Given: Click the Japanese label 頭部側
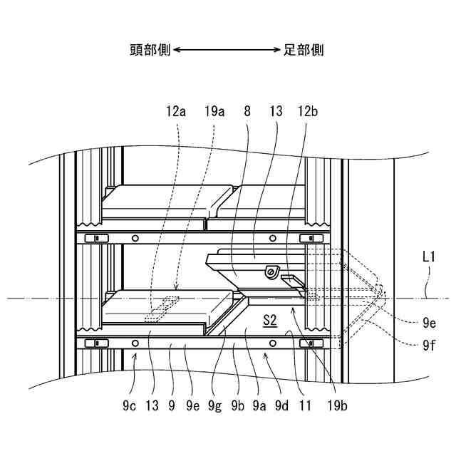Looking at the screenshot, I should [150, 50].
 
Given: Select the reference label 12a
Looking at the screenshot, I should [176, 111].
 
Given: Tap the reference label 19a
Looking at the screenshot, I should [214, 111].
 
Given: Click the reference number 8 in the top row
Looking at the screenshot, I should [247, 111].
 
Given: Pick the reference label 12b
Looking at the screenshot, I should [309, 111].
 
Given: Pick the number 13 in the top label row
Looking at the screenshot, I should [276, 111].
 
